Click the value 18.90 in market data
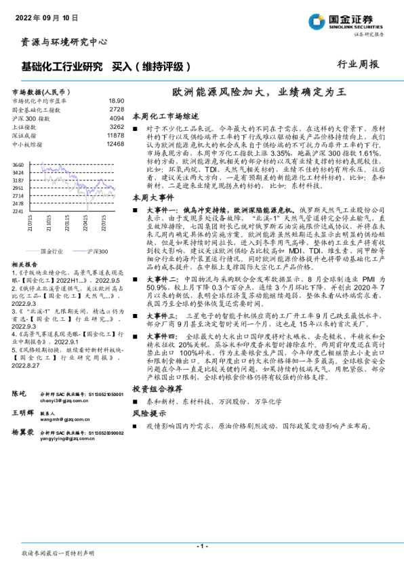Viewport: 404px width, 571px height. point(117,100)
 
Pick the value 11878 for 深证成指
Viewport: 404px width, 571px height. point(116,135)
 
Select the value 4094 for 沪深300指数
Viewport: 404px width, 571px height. point(117,117)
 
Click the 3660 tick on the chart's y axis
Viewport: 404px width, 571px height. point(18,165)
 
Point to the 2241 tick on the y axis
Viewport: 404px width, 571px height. point(18,211)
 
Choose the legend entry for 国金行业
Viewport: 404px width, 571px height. point(51,251)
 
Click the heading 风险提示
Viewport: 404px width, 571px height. point(148,414)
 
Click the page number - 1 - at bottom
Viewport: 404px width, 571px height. point(201,545)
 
